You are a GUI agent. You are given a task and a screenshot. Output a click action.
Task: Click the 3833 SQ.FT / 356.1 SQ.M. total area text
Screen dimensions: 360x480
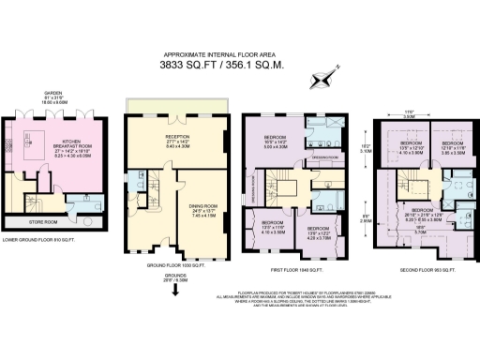click(239, 67)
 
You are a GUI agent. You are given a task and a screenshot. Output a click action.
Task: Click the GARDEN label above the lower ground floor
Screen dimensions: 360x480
click(52, 93)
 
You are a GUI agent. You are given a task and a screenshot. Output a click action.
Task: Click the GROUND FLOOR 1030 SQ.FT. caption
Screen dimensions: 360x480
click(176, 266)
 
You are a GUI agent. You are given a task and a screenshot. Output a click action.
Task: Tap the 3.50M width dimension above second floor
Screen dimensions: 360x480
click(408, 116)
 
